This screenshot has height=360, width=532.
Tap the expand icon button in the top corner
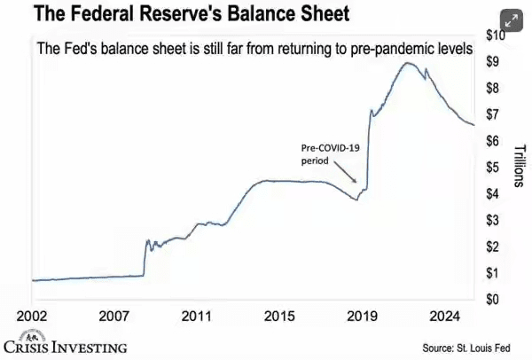pyautogui.click(x=511, y=20)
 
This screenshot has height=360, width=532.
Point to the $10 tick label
pyautogui.click(x=494, y=35)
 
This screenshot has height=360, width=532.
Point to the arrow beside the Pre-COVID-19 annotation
pyautogui.click(x=351, y=177)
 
